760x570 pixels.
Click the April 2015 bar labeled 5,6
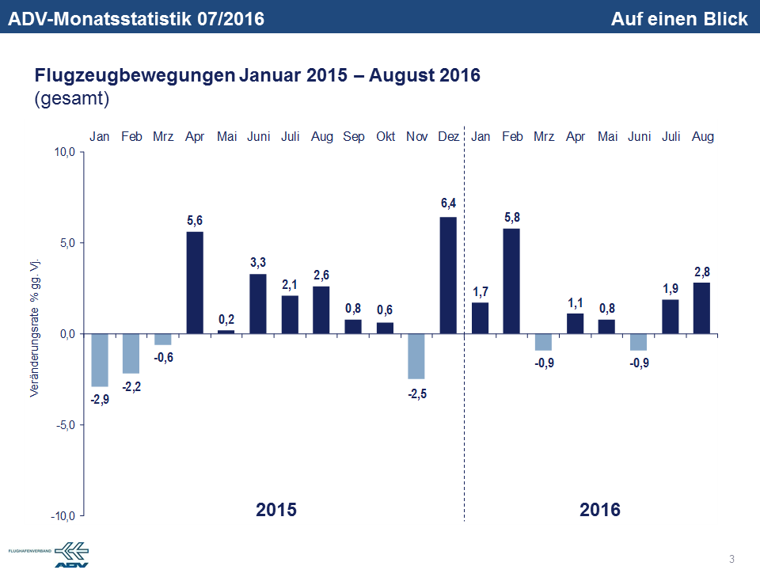[x=195, y=283]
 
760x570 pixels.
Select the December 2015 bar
[x=448, y=275]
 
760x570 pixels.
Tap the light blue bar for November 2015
[x=416, y=356]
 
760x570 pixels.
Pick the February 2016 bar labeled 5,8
[x=511, y=281]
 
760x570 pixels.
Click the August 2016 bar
[x=701, y=308]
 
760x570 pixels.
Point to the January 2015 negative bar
[x=100, y=360]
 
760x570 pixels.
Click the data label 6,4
[x=448, y=204]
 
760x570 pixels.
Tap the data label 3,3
[x=258, y=261]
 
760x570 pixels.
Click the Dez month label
[x=448, y=137]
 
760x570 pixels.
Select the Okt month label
[x=385, y=137]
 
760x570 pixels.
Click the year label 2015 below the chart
[x=276, y=509]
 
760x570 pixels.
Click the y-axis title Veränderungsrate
[x=35, y=327]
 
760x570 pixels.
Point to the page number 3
[x=731, y=560]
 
